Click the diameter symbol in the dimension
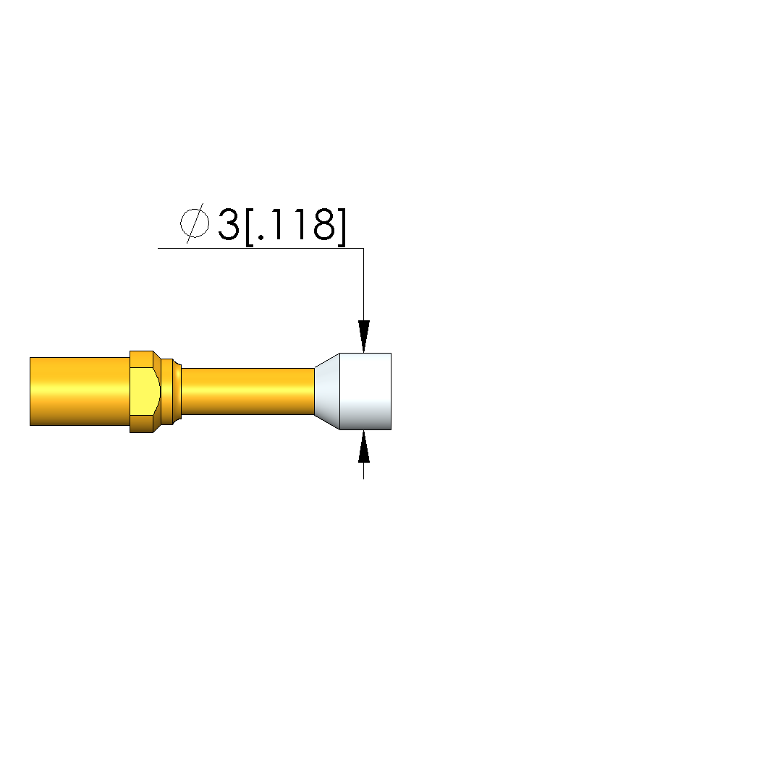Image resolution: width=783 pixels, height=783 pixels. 195,223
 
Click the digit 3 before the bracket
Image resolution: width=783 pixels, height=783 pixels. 229,225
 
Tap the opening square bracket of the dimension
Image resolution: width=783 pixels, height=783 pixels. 250,227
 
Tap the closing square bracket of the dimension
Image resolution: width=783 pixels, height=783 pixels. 342,227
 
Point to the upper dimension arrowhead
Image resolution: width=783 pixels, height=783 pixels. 364,337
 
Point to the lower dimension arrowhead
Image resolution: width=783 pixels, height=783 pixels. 364,447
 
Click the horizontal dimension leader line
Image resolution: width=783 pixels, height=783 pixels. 261,248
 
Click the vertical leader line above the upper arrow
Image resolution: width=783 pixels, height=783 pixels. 363,284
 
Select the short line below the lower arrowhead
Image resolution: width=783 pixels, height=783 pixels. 363,471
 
